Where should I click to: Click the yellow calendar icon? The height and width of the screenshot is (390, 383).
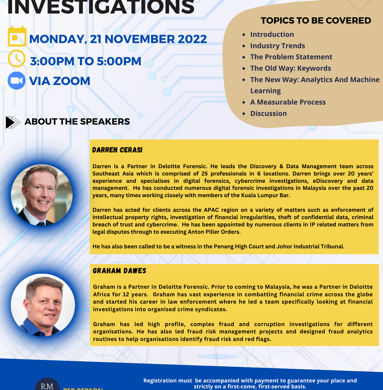(17, 37)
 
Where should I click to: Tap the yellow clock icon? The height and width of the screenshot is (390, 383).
(17, 58)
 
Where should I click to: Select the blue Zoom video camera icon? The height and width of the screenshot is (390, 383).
(17, 81)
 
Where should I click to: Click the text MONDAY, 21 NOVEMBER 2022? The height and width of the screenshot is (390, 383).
(118, 39)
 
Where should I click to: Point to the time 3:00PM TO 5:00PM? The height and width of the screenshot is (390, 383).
(86, 61)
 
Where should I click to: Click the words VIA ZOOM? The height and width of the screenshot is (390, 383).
(60, 81)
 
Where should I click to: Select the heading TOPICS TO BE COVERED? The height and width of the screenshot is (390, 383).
(316, 21)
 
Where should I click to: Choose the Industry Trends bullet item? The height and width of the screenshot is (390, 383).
(277, 46)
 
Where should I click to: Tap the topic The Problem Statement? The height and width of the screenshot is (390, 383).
(291, 57)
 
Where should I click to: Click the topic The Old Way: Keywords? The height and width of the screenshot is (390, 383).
(290, 68)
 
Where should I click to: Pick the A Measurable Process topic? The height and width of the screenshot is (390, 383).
(288, 102)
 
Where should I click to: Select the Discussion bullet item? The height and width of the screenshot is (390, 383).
(268, 113)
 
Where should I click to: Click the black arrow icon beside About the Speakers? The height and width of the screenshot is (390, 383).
(13, 122)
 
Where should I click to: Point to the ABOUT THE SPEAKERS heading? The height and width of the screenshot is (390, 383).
(77, 122)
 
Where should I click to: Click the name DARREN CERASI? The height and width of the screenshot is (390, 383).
(117, 150)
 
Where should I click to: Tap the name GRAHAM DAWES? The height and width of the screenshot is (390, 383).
(119, 271)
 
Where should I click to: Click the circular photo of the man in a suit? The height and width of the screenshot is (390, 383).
(41, 195)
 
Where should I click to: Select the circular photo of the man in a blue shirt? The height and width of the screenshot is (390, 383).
(43, 305)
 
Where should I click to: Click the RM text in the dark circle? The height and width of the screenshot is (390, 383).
(47, 386)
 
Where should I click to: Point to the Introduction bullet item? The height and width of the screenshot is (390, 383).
(272, 34)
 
